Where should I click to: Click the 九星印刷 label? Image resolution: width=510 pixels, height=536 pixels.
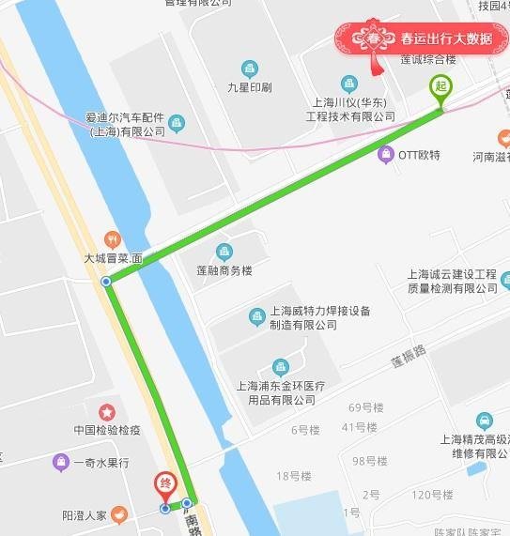(x=249, y=87)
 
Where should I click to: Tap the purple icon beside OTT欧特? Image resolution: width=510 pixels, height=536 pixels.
(x=385, y=154)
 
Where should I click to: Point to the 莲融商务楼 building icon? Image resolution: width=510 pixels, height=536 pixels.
(x=224, y=252)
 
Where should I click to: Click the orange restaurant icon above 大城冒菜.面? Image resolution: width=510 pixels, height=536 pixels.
(x=113, y=239)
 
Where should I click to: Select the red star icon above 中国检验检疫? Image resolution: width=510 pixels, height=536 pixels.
(x=107, y=411)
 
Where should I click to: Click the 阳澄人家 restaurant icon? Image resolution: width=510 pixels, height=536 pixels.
(x=119, y=514)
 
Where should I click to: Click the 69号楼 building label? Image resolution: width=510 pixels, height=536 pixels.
(x=366, y=407)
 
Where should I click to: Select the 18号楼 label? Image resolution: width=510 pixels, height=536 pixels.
(x=293, y=476)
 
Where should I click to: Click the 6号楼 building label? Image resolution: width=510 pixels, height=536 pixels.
(x=305, y=430)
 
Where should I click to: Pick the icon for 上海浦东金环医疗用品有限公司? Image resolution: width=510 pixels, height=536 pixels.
(x=279, y=367)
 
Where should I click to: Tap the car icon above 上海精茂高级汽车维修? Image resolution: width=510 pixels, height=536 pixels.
(x=484, y=420)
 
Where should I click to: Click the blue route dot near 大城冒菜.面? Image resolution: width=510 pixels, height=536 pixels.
(x=106, y=281)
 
